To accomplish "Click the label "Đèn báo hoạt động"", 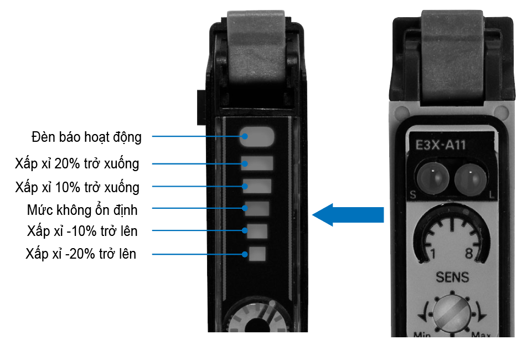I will click(x=86, y=137).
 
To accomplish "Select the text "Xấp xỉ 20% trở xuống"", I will click(x=77, y=164).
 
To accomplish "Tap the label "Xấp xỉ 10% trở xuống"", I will click(x=77, y=187).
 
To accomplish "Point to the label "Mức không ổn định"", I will click(x=82, y=210).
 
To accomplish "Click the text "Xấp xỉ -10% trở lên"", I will click(x=82, y=230).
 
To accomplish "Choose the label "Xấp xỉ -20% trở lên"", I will click(x=81, y=254).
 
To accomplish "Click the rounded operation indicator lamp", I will click(x=257, y=136).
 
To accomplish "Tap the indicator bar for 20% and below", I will click(x=257, y=163).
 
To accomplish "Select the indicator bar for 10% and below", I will click(x=257, y=186).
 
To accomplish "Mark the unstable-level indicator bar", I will click(x=257, y=209).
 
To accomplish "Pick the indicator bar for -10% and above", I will click(x=257, y=231).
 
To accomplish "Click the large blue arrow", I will click(x=348, y=214).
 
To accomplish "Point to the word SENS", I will click(x=452, y=277).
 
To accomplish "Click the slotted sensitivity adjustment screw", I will click(x=449, y=313).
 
